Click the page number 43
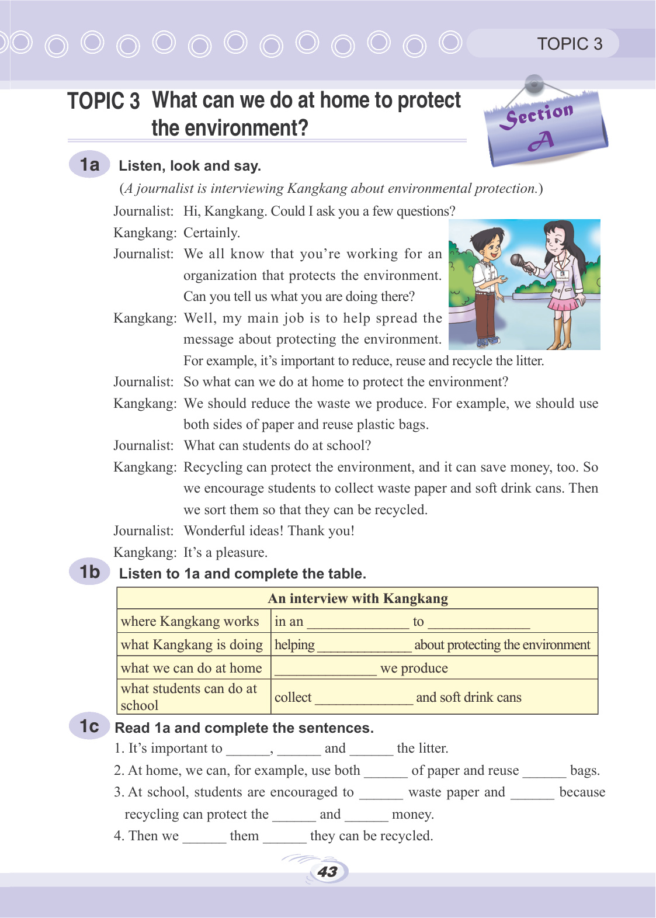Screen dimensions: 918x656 click(328, 872)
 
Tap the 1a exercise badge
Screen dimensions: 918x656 click(89, 164)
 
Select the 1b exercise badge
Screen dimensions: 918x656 click(89, 571)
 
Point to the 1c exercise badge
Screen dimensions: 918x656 click(89, 726)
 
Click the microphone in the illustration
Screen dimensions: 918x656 click(518, 261)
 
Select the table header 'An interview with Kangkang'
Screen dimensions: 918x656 click(357, 598)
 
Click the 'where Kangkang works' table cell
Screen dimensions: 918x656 click(190, 621)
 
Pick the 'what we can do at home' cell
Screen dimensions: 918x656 click(191, 668)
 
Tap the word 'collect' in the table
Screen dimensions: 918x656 click(293, 697)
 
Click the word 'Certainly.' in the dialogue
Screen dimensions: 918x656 click(211, 233)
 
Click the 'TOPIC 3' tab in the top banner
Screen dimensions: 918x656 click(569, 44)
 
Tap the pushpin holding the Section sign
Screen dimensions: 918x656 click(534, 84)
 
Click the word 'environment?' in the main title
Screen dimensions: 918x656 click(230, 128)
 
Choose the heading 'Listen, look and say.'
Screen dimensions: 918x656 click(190, 166)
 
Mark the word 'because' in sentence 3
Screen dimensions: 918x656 click(582, 792)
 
